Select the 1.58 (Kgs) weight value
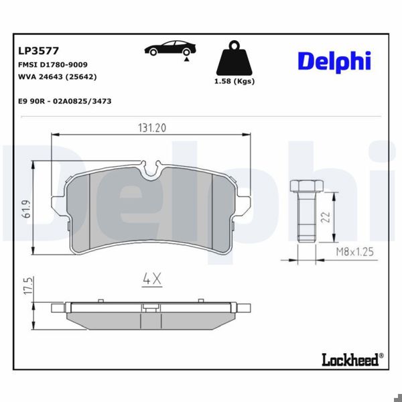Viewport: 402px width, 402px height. [233, 82]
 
